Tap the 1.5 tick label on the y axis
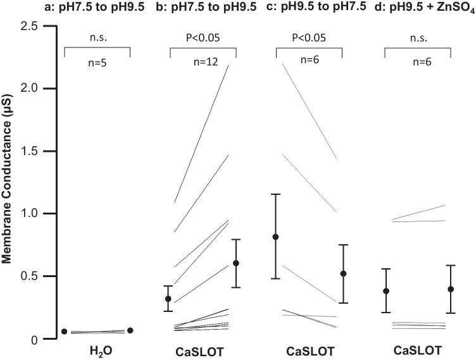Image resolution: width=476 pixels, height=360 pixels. click(x=32, y=151)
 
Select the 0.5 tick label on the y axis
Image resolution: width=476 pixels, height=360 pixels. click(x=32, y=276)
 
